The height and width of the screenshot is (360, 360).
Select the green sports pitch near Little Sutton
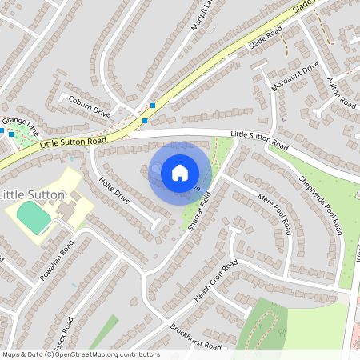pyautogui.click(x=34, y=218)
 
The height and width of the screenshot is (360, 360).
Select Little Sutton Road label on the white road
pyautogui.click(x=258, y=140)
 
